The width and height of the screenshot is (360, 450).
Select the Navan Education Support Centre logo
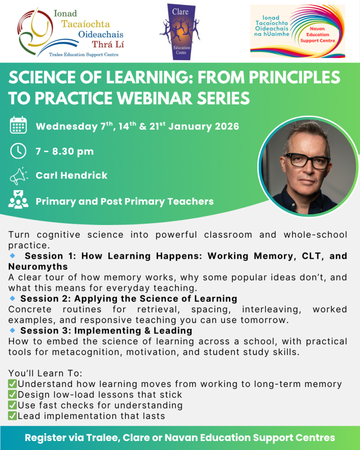click(297, 31)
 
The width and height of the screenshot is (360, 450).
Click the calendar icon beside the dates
click(18, 126)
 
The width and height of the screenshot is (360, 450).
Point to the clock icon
click(18, 151)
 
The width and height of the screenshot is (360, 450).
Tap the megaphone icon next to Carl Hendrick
click(18, 176)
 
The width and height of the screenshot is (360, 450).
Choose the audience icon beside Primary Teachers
click(18, 201)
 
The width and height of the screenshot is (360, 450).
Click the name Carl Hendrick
click(72, 175)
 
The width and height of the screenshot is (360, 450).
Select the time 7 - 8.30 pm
click(64, 151)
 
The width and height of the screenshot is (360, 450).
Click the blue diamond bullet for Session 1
click(12, 255)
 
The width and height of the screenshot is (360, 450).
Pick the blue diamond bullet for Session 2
click(12, 298)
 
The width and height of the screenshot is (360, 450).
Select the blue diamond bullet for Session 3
click(12, 331)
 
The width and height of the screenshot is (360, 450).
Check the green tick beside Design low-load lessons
click(13, 395)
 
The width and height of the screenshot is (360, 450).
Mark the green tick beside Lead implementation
click(13, 416)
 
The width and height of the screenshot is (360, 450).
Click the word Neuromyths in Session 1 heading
click(34, 267)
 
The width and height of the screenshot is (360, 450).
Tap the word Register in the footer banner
click(44, 437)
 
